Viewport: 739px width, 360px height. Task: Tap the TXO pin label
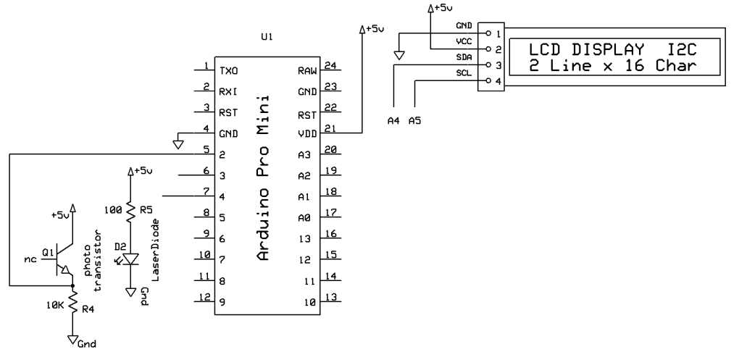coord(229,71)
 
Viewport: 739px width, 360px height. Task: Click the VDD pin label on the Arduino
coord(308,133)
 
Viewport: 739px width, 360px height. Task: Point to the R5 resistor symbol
coord(130,212)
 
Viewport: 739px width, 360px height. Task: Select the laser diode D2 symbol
coord(130,259)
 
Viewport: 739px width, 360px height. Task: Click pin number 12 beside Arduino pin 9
coord(206,297)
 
